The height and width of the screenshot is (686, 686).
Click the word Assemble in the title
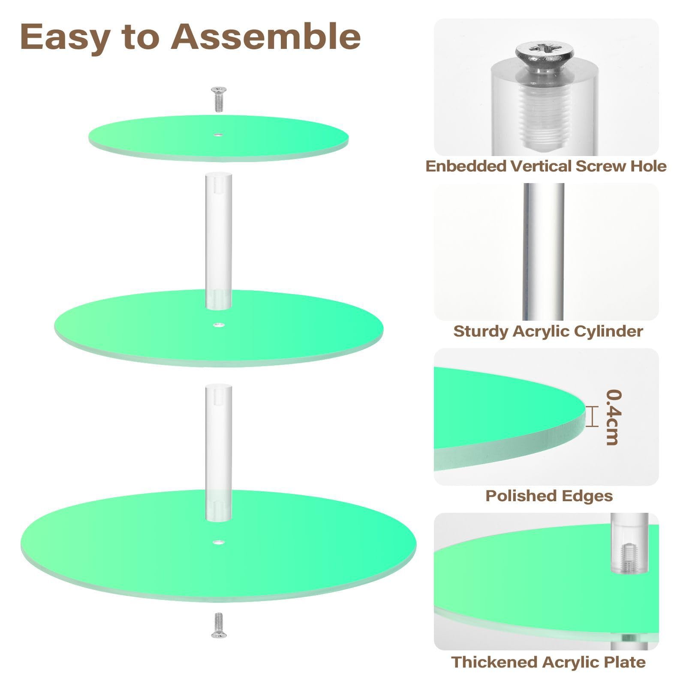pyautogui.click(x=266, y=37)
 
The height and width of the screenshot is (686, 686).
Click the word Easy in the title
pyautogui.click(x=64, y=37)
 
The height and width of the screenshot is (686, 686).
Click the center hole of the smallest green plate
pyautogui.click(x=219, y=135)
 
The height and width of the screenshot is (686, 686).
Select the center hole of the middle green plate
pyautogui.click(x=219, y=325)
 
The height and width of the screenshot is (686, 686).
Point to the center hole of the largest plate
pyautogui.click(x=219, y=542)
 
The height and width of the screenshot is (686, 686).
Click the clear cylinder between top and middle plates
pyautogui.click(x=219, y=240)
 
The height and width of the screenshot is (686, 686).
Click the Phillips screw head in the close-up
pyautogui.click(x=538, y=53)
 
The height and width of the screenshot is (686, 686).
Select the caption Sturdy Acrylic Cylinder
pyautogui.click(x=548, y=331)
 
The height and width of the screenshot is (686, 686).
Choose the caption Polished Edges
pyautogui.click(x=549, y=496)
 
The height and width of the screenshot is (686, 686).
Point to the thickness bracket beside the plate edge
pyautogui.click(x=592, y=417)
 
